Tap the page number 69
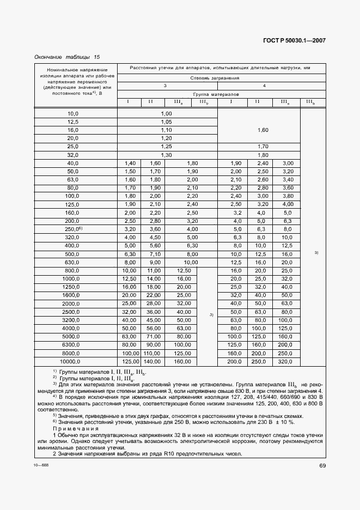click(322, 465)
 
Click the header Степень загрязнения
click(222, 77)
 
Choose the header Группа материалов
click(222, 94)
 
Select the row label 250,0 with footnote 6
click(74, 230)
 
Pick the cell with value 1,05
click(167, 122)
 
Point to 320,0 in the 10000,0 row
click(285, 361)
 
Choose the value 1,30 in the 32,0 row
click(167, 155)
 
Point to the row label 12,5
click(74, 122)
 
